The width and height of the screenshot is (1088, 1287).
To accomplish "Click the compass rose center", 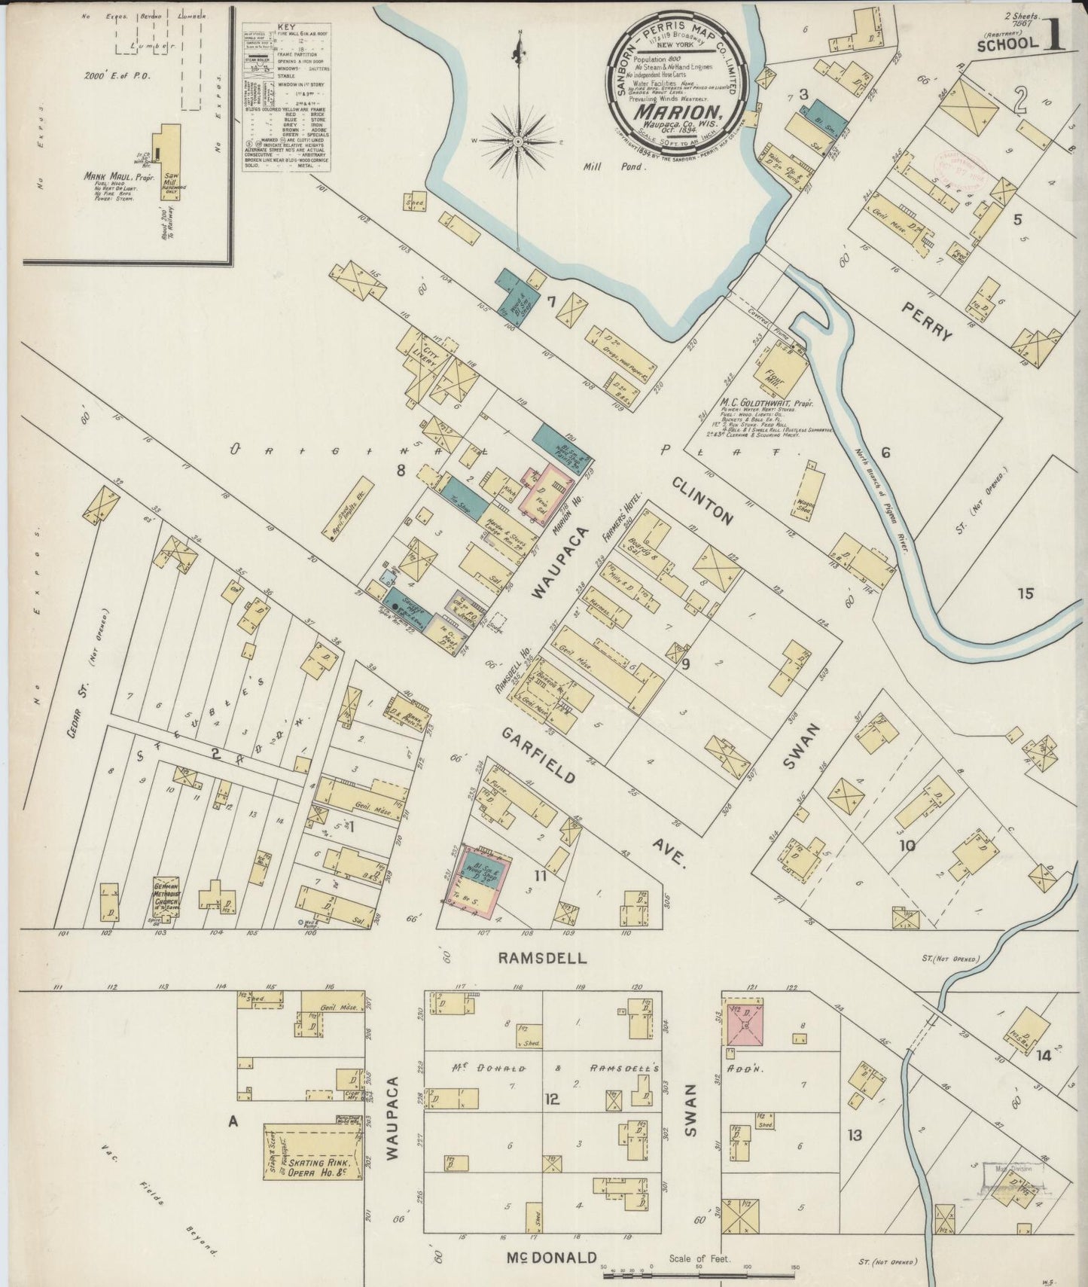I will pos(519,141).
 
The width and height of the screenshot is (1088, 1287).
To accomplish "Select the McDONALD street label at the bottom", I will pos(551,1257).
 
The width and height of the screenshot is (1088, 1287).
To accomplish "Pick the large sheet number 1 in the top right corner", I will pos(1055,38).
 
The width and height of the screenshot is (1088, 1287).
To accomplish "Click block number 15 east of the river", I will pos(1025,593).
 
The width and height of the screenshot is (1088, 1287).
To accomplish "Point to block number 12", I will pos(553,1099).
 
